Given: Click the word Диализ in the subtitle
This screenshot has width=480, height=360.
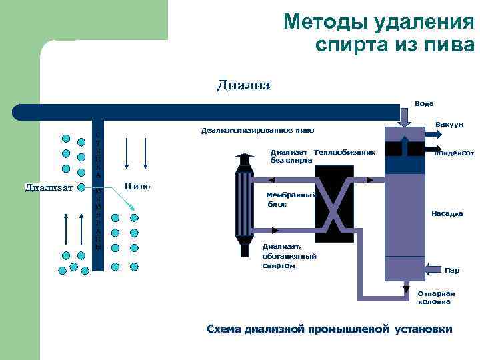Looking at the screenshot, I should tap(243, 85).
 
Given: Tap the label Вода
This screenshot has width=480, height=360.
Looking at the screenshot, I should tap(424, 103).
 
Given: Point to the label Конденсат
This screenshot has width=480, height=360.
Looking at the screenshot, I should tap(454, 153).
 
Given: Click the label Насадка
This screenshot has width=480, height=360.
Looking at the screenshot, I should tap(447, 214).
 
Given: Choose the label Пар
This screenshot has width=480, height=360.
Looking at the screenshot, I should tap(452, 270).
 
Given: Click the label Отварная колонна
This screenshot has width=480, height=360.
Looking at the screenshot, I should tap(436, 297).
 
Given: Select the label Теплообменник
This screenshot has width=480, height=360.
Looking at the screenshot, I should tap(344, 153).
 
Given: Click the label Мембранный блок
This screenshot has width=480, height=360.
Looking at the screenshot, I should tap(286, 199).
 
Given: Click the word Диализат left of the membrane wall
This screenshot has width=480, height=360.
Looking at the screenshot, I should tap(49, 187).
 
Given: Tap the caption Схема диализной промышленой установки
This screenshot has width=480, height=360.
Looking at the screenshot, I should tap(329, 329).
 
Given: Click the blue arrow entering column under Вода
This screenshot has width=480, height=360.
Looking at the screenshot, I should tap(405, 117).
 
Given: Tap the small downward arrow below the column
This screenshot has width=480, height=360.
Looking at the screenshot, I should tap(405, 287).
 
